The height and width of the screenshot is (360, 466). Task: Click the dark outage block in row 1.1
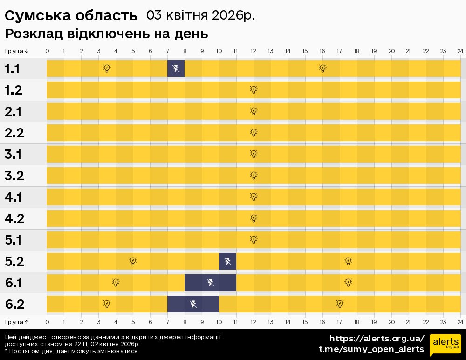click(176, 68)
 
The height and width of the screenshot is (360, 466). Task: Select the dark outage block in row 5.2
click(227, 261)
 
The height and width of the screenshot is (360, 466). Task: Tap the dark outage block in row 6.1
click(210, 283)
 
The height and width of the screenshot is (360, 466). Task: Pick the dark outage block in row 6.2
click(193, 304)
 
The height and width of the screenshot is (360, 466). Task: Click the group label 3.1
click(14, 154)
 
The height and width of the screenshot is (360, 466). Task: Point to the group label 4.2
click(14, 218)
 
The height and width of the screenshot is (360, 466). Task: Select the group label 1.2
click(14, 90)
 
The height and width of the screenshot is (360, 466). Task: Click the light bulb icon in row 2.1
click(254, 111)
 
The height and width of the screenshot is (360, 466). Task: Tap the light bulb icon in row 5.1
click(254, 240)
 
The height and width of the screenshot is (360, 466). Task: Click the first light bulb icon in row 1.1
click(107, 68)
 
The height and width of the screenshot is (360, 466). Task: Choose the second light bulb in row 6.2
click(340, 304)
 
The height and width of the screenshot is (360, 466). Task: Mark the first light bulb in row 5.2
click(133, 261)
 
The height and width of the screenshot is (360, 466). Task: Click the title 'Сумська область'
click(71, 15)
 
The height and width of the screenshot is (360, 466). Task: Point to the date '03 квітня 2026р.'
click(200, 15)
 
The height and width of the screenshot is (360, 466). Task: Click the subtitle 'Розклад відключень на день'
click(106, 34)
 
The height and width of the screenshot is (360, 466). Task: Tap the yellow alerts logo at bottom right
click(445, 345)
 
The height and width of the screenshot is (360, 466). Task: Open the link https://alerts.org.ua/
click(377, 339)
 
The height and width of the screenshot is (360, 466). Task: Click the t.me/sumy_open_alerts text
click(371, 349)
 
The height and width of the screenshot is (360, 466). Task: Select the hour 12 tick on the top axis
click(254, 51)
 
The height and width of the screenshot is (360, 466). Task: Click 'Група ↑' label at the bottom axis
click(17, 322)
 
